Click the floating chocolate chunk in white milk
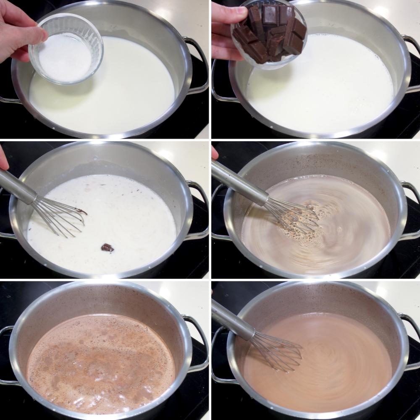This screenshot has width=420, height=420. tap(107, 248)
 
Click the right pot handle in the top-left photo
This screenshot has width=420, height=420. tap(197, 63)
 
